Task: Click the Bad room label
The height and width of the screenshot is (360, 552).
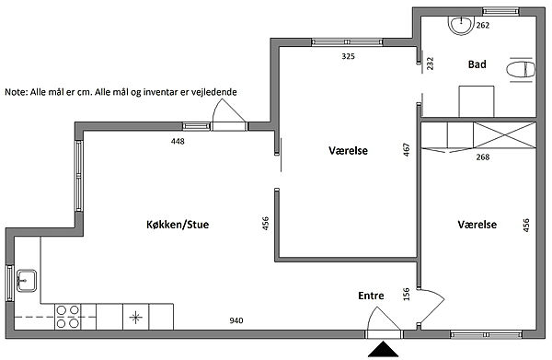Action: point(477,64)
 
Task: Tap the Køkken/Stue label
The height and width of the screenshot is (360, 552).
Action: point(178,225)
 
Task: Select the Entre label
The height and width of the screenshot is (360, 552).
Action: point(371,296)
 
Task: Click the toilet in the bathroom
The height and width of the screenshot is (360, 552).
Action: point(521,69)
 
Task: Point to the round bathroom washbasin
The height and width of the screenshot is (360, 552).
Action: point(460,26)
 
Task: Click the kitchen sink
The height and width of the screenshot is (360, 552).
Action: point(27,281)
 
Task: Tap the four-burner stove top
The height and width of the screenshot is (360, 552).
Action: point(67,317)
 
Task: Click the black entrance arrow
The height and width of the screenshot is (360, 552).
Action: point(383,349)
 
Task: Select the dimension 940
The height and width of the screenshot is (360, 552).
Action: point(236,320)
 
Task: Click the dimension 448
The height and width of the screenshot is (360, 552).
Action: point(178,141)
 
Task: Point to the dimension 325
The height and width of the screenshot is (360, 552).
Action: point(348,56)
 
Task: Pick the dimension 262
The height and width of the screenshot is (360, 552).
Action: point(483,26)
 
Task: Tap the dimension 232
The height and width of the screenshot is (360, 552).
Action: point(431,64)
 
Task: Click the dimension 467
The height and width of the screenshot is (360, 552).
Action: point(407,149)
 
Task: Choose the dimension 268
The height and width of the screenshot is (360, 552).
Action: point(483,157)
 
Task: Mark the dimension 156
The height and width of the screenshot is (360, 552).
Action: point(407,294)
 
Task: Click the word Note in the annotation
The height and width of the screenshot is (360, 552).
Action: point(15,92)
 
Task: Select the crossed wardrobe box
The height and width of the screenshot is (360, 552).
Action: point(504,135)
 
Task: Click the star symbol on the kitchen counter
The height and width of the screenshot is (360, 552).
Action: point(135,318)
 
